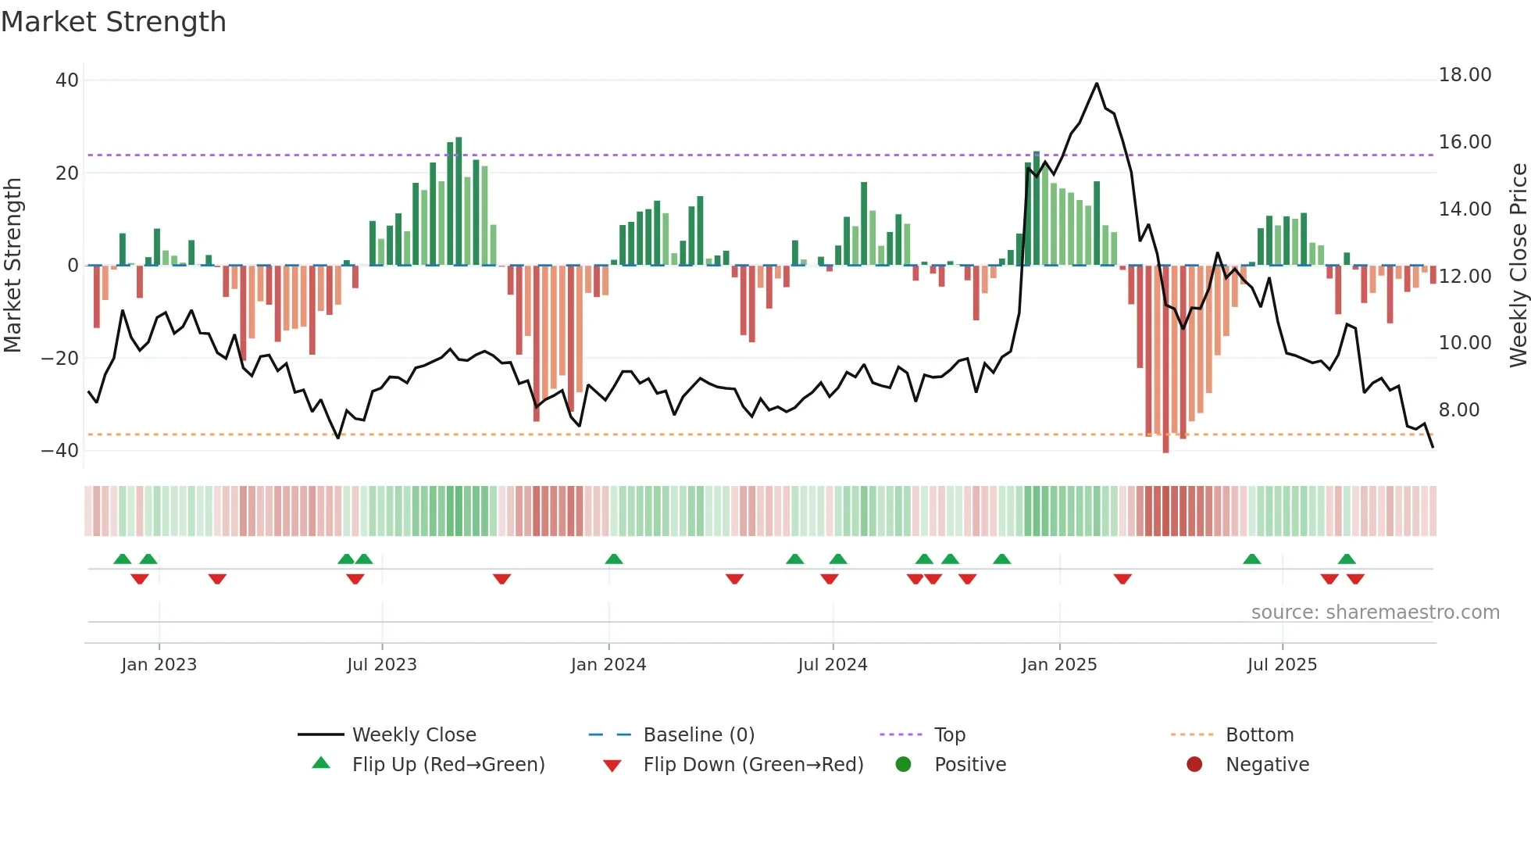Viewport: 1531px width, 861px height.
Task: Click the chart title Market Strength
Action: [x=113, y=22]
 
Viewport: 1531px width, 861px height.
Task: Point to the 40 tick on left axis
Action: [x=67, y=80]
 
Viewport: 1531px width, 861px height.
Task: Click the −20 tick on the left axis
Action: [x=60, y=359]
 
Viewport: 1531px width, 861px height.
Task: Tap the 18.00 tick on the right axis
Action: [x=1465, y=75]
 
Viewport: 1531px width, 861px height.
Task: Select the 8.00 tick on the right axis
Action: [x=1459, y=410]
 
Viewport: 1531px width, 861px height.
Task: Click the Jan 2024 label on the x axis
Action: [x=608, y=665]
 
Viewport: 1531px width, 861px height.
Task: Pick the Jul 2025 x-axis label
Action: [x=1282, y=665]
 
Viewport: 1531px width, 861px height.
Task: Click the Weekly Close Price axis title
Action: [x=1518, y=266]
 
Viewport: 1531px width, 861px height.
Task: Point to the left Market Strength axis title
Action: [x=13, y=266]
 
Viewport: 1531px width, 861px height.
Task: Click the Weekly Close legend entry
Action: [x=414, y=735]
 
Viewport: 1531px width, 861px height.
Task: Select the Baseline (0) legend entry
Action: [x=698, y=735]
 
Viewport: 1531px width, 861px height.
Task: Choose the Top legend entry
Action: [x=950, y=735]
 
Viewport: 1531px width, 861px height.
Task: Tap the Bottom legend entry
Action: [x=1259, y=735]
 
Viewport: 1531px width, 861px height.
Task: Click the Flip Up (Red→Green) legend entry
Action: [x=448, y=765]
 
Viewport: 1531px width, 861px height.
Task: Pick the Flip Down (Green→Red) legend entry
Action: [x=753, y=765]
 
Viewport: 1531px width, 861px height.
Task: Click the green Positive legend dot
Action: [x=904, y=765]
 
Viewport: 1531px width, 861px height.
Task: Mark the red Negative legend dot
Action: [x=1194, y=765]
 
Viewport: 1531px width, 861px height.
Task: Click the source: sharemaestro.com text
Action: [x=1375, y=613]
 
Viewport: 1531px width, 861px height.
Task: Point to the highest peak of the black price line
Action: [x=1097, y=84]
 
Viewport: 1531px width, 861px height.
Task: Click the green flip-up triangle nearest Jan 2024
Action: [x=614, y=559]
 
